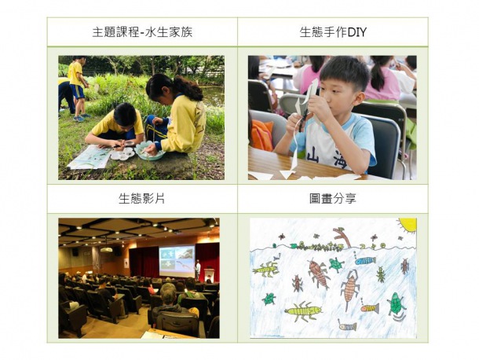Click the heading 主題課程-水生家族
pyautogui.click(x=142, y=32)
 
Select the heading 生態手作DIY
pyautogui.click(x=333, y=32)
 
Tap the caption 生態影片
pyautogui.click(x=142, y=199)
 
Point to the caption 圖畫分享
pyautogui.click(x=333, y=199)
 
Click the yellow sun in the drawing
pyautogui.click(x=408, y=225)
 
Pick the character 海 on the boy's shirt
pyautogui.click(x=342, y=160)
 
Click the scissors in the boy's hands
pyautogui.click(x=304, y=117)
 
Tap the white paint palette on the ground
pyautogui.click(x=122, y=154)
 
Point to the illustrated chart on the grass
pyautogui.click(x=90, y=156)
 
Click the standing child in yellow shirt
pyautogui.click(x=77, y=87)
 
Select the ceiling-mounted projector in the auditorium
pyautogui.click(x=106, y=250)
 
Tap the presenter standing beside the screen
pyautogui.click(x=198, y=270)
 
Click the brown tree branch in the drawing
pyautogui.click(x=344, y=237)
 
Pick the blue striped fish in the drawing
pyautogui.click(x=365, y=261)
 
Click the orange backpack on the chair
pyautogui.click(x=261, y=134)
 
